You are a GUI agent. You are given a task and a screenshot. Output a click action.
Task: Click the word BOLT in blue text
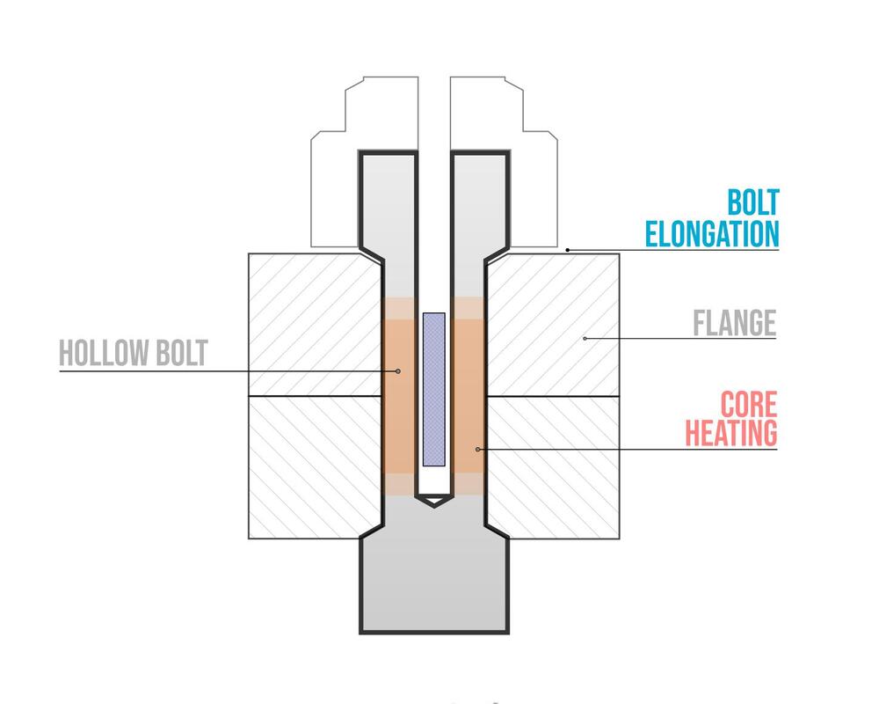[753, 202]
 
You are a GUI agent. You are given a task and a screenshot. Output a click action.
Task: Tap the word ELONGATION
[712, 234]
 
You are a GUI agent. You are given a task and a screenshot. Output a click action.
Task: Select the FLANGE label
[734, 323]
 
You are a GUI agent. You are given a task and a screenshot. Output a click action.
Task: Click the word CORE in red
[749, 404]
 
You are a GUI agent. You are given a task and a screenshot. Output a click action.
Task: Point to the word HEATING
[731, 433]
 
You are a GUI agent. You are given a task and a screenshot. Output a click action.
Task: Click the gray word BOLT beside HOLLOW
[182, 353]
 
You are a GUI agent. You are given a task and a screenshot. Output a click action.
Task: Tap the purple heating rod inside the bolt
[434, 390]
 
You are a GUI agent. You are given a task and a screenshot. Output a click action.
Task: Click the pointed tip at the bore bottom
[434, 506]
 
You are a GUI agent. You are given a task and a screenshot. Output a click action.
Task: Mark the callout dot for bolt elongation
[567, 250]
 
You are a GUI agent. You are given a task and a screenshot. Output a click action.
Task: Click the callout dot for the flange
[585, 339]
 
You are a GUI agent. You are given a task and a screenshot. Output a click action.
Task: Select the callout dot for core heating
[477, 449]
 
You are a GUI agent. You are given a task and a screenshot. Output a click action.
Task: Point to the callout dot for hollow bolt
[398, 371]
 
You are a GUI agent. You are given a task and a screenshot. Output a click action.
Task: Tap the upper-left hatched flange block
[315, 325]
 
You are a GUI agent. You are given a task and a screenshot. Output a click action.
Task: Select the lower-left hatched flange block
[315, 467]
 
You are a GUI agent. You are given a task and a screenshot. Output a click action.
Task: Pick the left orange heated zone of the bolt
[399, 396]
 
